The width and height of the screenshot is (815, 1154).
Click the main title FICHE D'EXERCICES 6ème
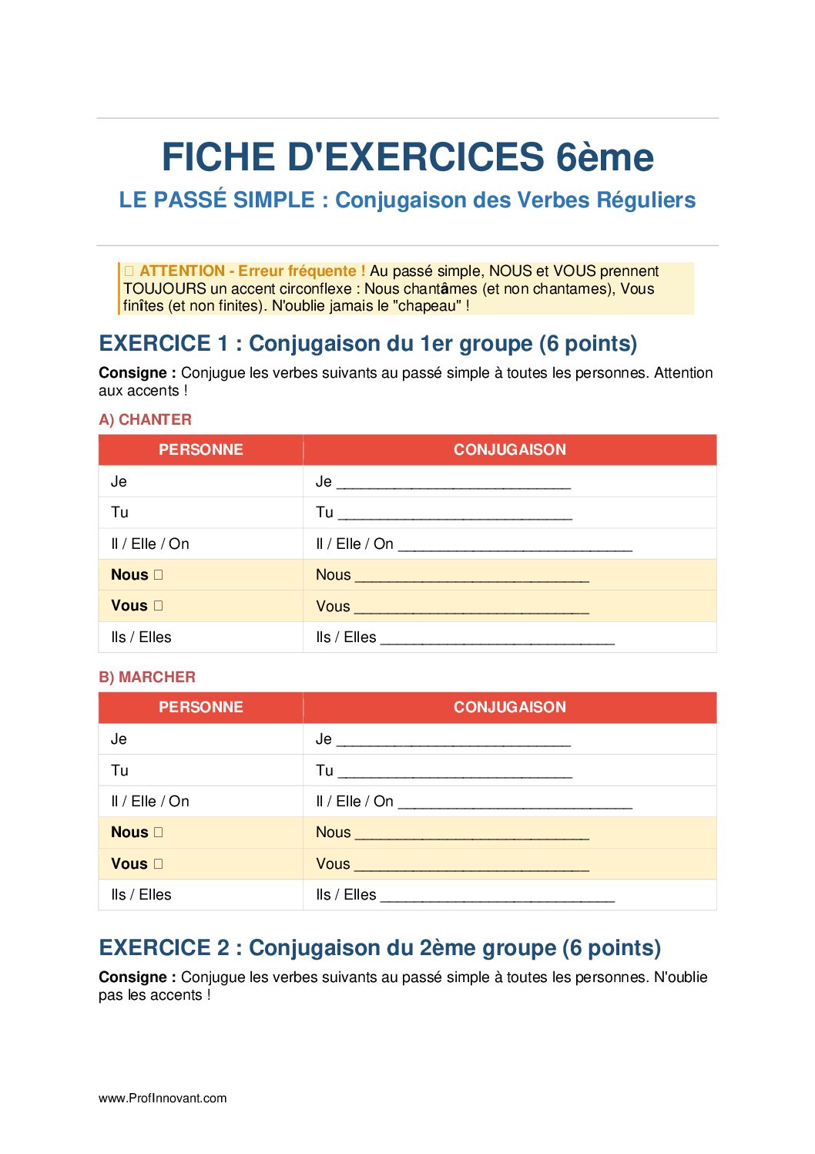tap(407, 157)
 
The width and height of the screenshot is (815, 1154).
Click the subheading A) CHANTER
tap(145, 419)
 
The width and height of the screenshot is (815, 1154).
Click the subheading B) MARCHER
tap(147, 677)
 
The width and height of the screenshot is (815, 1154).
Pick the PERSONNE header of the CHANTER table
tap(200, 449)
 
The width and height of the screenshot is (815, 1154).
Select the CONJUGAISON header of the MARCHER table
tap(509, 707)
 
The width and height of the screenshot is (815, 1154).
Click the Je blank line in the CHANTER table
tap(454, 485)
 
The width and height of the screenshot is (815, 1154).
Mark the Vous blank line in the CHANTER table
tap(471, 609)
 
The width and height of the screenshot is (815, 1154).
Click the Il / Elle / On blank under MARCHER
tap(515, 804)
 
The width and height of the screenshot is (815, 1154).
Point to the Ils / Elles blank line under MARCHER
tap(498, 897)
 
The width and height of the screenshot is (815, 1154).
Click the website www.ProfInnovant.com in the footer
tap(163, 1098)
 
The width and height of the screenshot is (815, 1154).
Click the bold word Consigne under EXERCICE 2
tap(132, 977)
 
